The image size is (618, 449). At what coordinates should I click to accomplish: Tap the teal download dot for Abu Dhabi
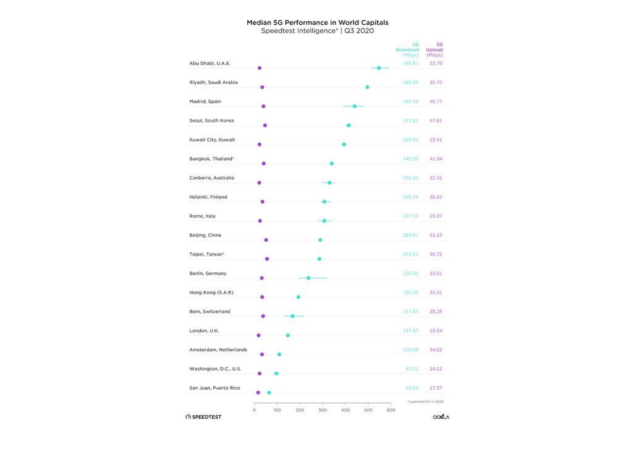click(379, 68)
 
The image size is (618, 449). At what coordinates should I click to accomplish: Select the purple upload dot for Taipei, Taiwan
click(267, 259)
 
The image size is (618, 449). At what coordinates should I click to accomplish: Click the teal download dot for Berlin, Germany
click(308, 278)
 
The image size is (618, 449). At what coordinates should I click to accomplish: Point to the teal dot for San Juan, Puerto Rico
click(269, 393)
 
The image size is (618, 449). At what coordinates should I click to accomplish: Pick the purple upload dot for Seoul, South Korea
click(265, 126)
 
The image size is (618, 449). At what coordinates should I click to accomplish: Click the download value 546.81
click(410, 63)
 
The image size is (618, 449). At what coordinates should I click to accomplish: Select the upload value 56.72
click(436, 254)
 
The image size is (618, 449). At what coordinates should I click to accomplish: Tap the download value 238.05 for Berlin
click(410, 273)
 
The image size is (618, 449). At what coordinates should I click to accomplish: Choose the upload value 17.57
click(436, 388)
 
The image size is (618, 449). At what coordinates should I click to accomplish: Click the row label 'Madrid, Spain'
click(205, 101)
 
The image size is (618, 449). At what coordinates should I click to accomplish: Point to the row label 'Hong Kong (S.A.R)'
click(211, 293)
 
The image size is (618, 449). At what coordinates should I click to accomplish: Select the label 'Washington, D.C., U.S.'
click(215, 369)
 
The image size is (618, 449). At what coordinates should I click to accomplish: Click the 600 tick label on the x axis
click(391, 410)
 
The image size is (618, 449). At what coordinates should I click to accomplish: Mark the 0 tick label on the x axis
click(255, 410)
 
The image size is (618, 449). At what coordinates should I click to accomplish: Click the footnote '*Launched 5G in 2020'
click(426, 402)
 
